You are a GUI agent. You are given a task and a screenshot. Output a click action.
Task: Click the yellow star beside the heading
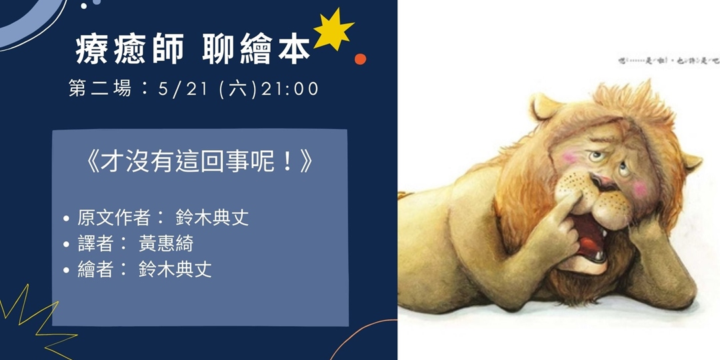[333, 32]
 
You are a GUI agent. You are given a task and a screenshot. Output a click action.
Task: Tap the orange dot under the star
[360, 59]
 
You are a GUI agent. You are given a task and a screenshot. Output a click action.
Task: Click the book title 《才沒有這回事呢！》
[199, 162]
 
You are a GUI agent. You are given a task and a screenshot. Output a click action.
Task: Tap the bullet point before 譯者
[66, 244]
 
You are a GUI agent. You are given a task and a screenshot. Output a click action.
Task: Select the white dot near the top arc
[84, 6]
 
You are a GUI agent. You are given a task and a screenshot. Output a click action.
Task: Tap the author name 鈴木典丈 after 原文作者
[212, 218]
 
